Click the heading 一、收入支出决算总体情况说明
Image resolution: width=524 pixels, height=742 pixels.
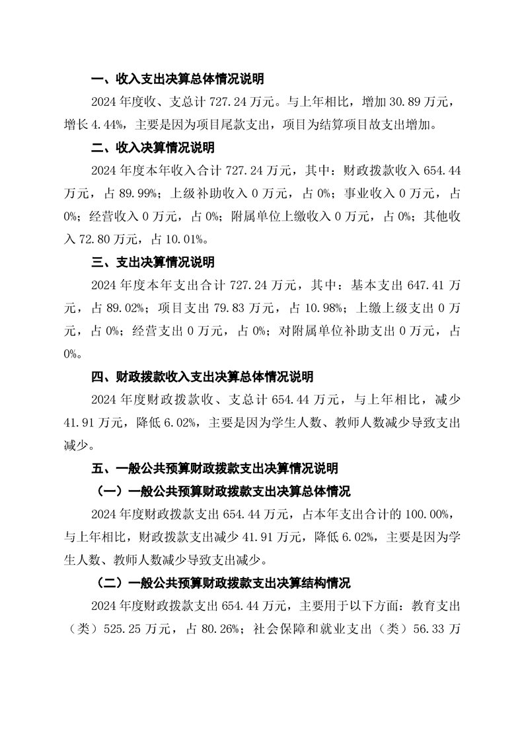click(177, 79)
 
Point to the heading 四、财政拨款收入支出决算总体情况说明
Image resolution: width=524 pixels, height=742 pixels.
click(202, 377)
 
